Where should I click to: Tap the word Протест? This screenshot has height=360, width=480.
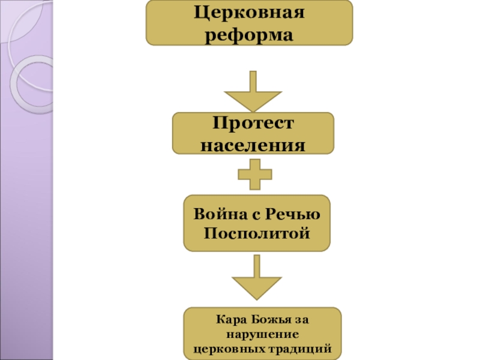tap(253, 124)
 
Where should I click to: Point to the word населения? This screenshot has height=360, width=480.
tap(253, 145)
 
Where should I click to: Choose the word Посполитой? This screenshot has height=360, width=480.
tap(257, 232)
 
